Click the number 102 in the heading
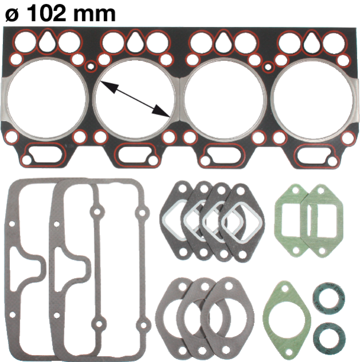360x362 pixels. [x=47, y=13]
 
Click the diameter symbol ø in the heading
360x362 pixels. [x=12, y=15]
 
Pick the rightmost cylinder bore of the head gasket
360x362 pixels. [x=313, y=99]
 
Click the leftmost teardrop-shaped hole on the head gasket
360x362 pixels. [x=47, y=41]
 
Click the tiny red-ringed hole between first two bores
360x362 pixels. [x=91, y=67]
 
